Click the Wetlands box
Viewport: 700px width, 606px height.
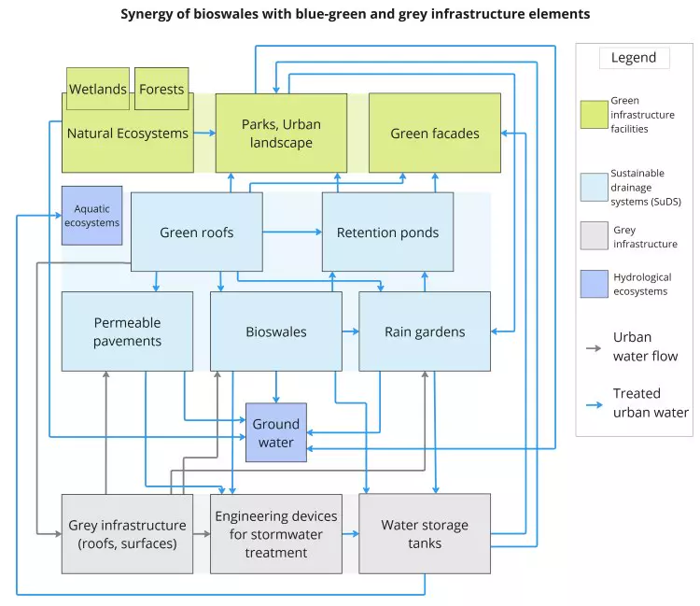[98, 89]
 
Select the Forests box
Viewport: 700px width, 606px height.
[161, 89]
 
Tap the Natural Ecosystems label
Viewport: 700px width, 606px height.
[127, 134]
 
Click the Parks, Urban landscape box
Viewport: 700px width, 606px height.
[281, 133]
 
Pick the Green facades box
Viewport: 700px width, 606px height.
[434, 133]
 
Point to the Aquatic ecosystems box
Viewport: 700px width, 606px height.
[91, 216]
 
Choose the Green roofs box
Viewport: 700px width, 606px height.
[196, 233]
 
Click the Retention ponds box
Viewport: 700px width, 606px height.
[387, 233]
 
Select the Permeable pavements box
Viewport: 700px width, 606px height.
[127, 331]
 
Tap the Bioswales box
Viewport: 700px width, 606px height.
[275, 331]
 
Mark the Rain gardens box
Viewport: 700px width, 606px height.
[425, 331]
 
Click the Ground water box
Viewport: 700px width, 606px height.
[275, 432]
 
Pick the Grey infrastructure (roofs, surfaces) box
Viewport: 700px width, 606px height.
[127, 533]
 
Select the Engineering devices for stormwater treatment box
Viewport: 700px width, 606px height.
[275, 533]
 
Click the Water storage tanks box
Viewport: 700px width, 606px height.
[425, 533]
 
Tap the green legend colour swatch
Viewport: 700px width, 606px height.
[593, 115]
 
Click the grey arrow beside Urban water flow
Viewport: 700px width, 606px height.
[593, 347]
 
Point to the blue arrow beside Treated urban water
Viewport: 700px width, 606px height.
[593, 403]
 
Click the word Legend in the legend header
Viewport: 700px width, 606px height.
[634, 58]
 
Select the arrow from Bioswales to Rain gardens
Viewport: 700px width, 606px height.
[350, 331]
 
